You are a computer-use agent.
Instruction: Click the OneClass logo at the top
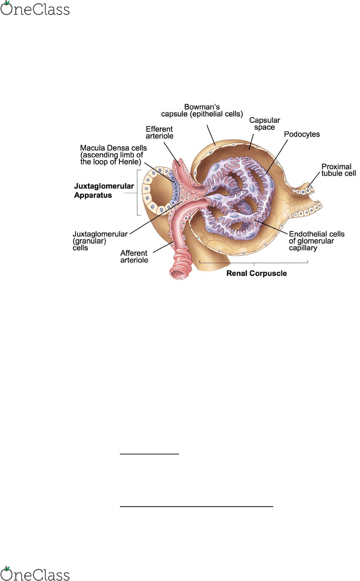pos(35,8)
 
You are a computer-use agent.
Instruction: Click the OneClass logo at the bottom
pos(35,574)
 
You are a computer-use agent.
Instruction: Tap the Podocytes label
pos(302,134)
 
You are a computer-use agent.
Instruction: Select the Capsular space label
pos(264,124)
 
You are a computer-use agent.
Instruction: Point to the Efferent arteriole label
pos(159,133)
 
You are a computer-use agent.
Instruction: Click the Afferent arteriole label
pos(134,257)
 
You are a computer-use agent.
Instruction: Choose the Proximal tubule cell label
pos(339,170)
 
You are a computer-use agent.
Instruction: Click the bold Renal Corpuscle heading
pos(256,273)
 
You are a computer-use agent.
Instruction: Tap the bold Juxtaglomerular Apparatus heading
pos(104,190)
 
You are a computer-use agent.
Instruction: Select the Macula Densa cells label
pos(113,155)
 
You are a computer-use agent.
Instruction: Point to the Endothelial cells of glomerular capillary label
pos(317,241)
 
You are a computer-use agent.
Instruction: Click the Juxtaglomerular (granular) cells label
pos(100,241)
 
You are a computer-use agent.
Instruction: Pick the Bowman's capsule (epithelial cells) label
pos(202,111)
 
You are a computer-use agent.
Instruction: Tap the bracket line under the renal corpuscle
pos(253,263)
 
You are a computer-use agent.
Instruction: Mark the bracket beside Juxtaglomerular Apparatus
pos(138,193)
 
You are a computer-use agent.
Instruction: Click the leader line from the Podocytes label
pos(277,157)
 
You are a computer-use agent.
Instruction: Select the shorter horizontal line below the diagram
pos(150,454)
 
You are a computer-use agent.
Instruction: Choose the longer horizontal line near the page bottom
pos(197,506)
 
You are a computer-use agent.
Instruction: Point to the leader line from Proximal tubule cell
pos(314,179)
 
